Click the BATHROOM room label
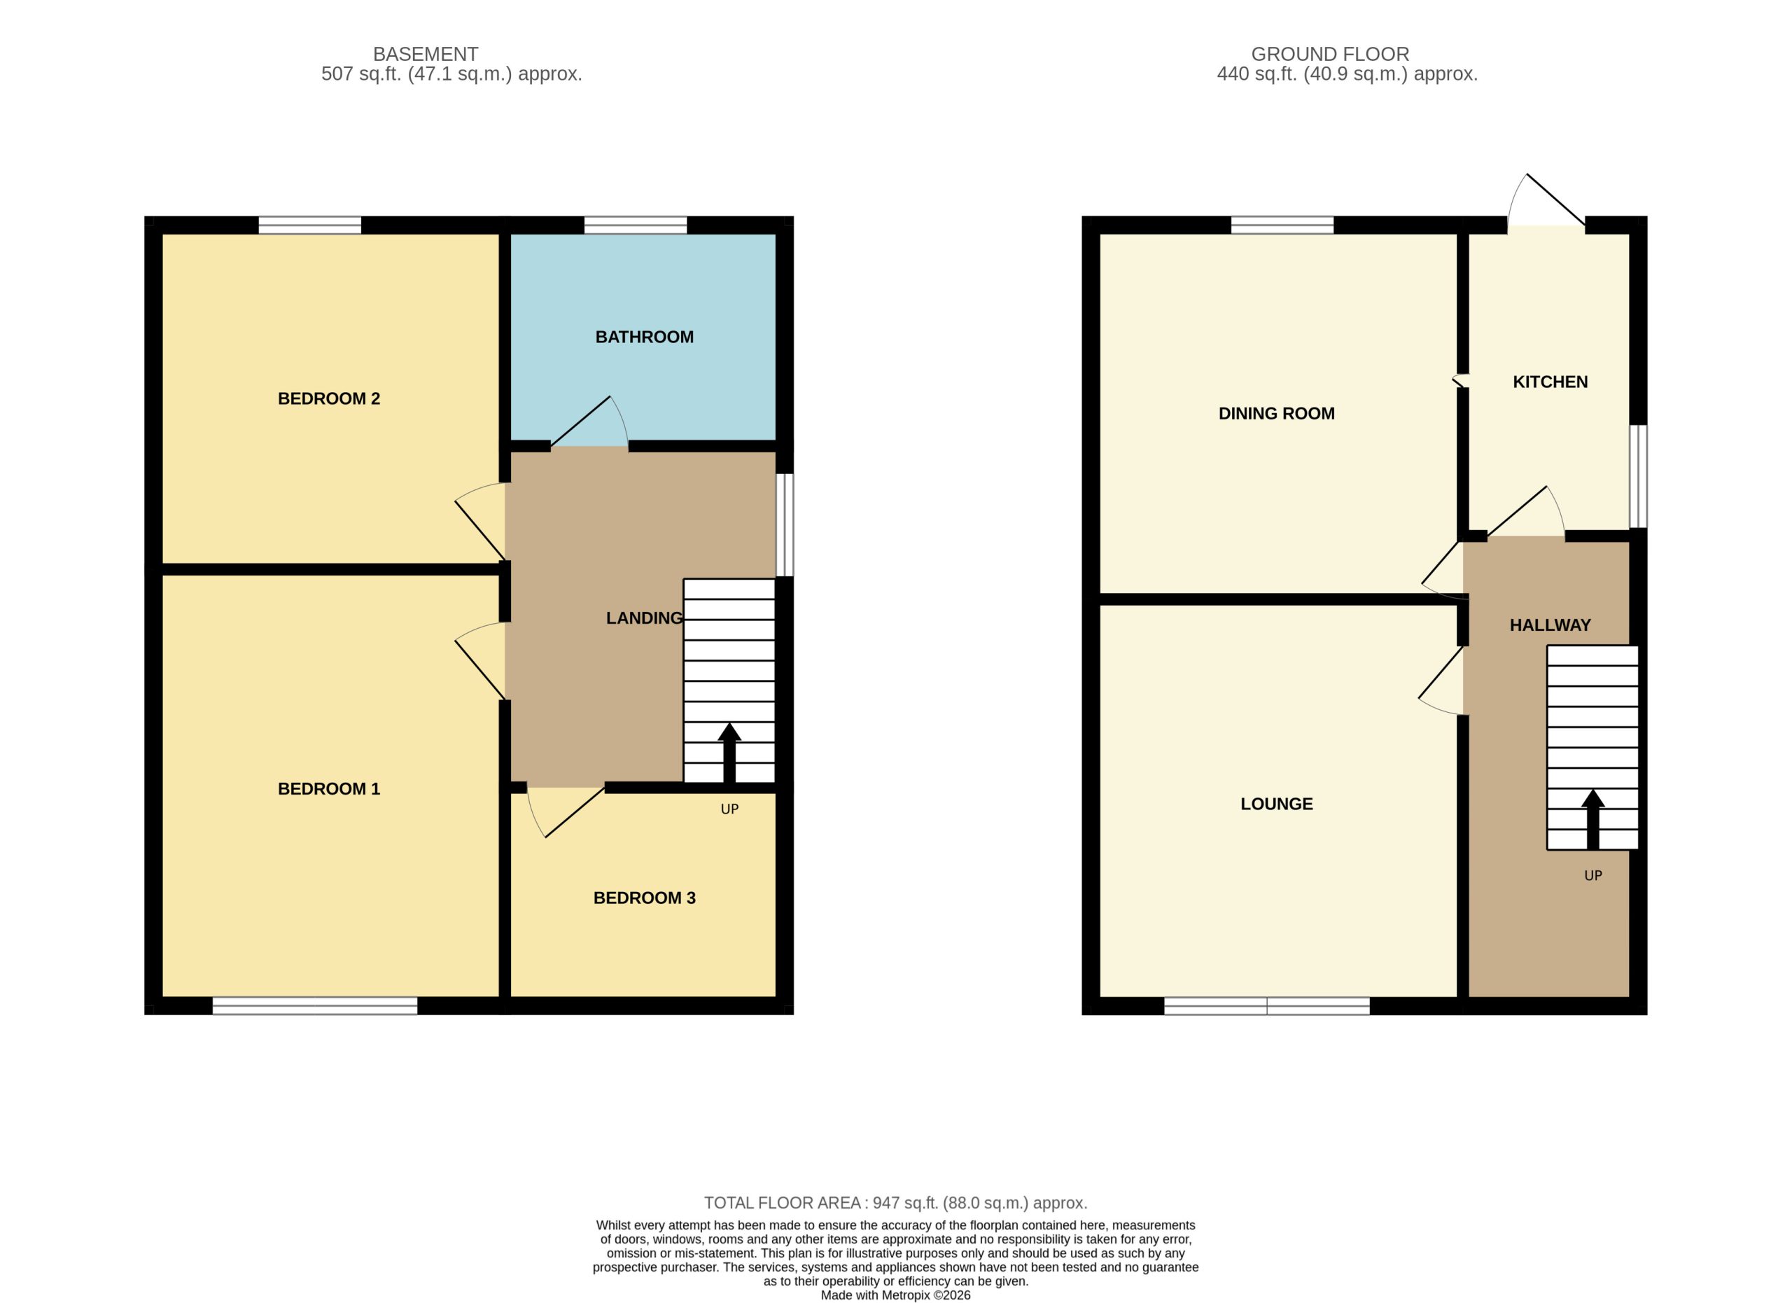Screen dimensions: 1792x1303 pos(644,337)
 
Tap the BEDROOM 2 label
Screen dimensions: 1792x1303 pos(329,399)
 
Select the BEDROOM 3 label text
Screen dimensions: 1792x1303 pos(644,898)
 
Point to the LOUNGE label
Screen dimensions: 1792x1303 pos(1276,804)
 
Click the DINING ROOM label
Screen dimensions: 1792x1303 pos(1276,414)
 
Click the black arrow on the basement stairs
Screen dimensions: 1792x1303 pos(729,753)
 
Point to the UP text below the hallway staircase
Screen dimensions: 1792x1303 pos(1593,875)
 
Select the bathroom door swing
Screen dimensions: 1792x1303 pos(589,424)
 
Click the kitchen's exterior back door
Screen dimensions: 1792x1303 pos(1546,202)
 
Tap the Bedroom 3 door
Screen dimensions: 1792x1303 pos(566,812)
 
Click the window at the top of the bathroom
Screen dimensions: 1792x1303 pos(636,225)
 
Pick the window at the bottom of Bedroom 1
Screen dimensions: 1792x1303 pos(314,1005)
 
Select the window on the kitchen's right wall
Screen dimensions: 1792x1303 pos(1638,477)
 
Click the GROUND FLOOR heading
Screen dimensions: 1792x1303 pos(1330,55)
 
